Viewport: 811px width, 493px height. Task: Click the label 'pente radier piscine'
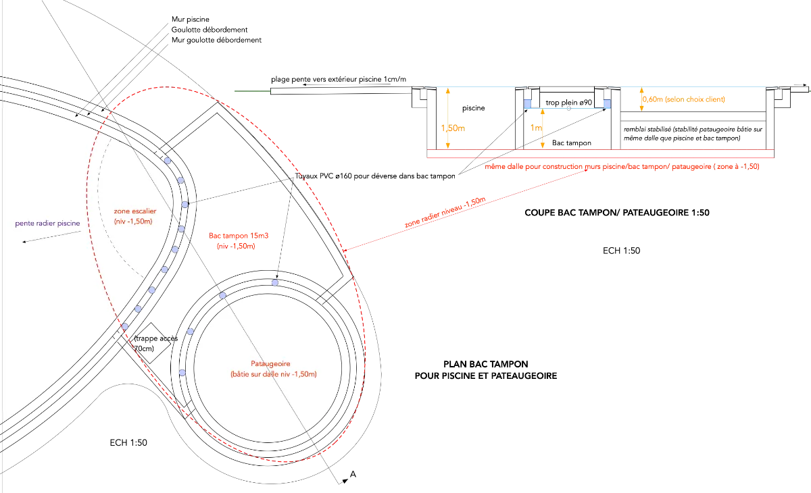(x=47, y=223)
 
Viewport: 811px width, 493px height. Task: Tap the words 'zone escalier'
(x=135, y=211)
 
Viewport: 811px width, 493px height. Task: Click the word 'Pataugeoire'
(x=268, y=363)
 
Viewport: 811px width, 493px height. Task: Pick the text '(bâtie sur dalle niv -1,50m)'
(x=268, y=374)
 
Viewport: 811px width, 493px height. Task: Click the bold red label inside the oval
(x=239, y=242)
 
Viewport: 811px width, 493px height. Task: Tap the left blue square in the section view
(x=528, y=103)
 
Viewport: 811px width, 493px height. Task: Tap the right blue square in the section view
(x=606, y=103)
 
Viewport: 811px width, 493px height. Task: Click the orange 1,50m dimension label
(x=453, y=128)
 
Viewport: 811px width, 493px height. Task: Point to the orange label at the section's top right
(x=684, y=99)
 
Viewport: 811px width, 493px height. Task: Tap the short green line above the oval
(x=251, y=88)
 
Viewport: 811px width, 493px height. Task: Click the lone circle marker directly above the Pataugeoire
(x=275, y=282)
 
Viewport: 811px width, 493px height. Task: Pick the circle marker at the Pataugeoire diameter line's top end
(x=222, y=296)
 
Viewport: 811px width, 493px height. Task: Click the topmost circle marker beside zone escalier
(x=167, y=161)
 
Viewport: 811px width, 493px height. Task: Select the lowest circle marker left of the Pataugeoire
(x=182, y=373)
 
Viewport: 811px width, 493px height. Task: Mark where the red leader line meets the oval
(x=343, y=251)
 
